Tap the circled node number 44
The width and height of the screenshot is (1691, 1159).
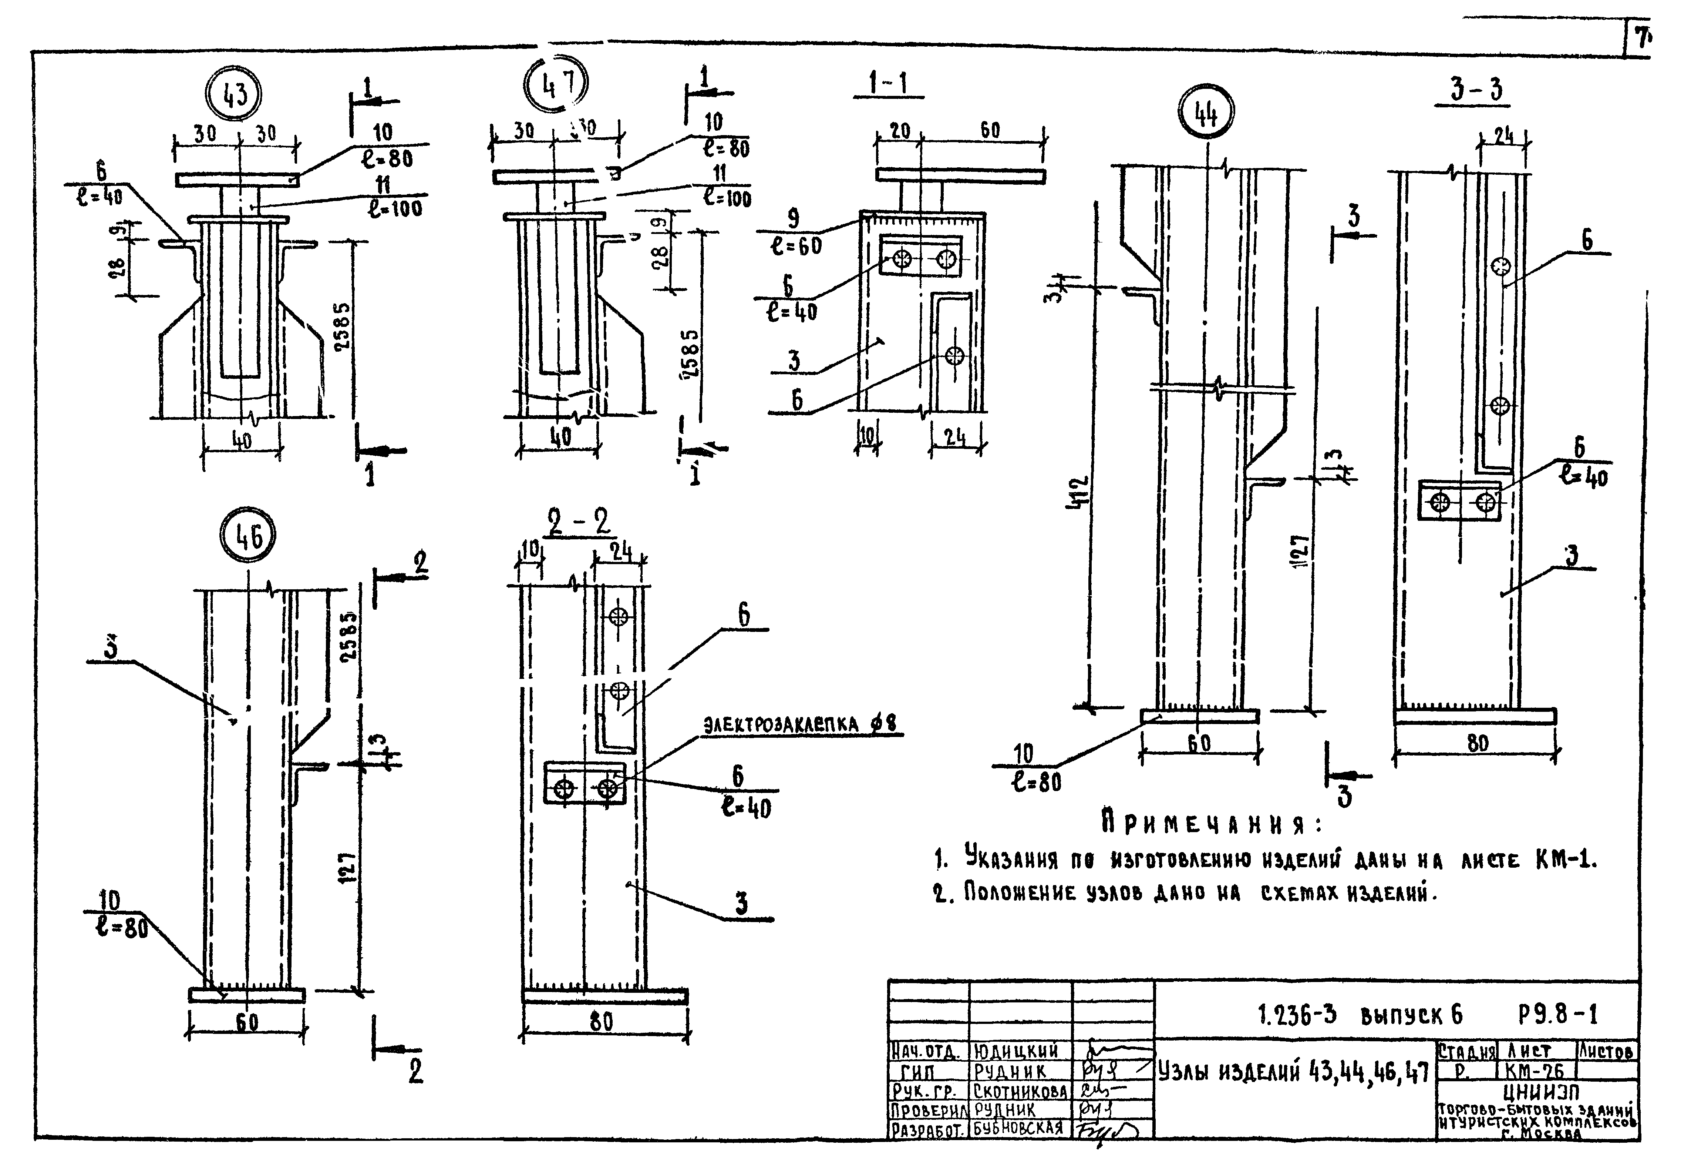pyautogui.click(x=1206, y=113)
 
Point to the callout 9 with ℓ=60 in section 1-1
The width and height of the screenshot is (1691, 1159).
pyautogui.click(x=795, y=231)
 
